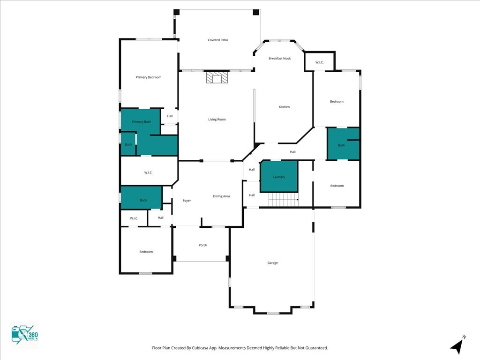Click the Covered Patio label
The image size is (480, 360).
[217, 40]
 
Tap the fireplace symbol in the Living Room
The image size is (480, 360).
[217, 77]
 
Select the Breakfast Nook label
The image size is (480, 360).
[279, 58]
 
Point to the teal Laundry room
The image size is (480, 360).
[279, 176]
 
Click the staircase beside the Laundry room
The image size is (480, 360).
[283, 200]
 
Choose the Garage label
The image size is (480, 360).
[272, 262]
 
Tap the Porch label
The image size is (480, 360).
[202, 245]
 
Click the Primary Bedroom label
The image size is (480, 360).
[149, 77]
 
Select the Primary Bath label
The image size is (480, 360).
[141, 121]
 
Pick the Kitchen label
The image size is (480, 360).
[284, 107]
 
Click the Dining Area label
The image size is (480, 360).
[221, 196]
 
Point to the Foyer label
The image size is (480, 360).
[187, 201]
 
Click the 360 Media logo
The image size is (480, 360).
[25, 335]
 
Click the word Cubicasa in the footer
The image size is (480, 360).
[201, 348]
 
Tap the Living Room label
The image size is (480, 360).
[217, 120]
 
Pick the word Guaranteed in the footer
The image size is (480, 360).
[317, 348]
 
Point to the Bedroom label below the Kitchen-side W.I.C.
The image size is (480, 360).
[337, 101]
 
